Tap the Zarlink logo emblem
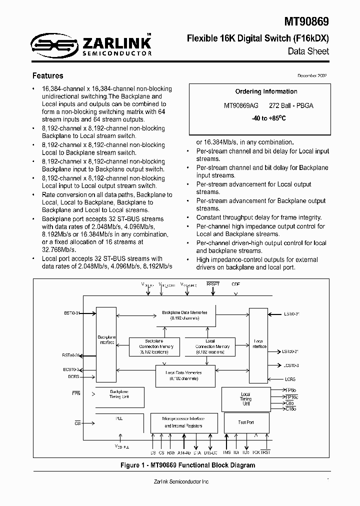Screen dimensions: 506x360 (46, 45)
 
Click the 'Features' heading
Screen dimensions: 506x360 (47, 76)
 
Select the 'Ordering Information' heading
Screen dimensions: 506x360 (266, 91)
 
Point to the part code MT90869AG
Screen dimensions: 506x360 (241, 106)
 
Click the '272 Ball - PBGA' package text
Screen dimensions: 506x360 (291, 106)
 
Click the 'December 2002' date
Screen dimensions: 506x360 (312, 75)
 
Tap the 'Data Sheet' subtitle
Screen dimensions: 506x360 (308, 51)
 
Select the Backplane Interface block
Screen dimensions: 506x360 (105, 345)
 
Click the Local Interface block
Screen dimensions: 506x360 (258, 345)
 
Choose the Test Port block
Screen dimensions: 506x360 (246, 423)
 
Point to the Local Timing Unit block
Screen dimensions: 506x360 (245, 399)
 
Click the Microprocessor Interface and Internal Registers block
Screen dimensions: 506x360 (183, 422)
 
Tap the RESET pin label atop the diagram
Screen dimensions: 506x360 (213, 283)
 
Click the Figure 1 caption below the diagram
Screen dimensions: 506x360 (187, 465)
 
